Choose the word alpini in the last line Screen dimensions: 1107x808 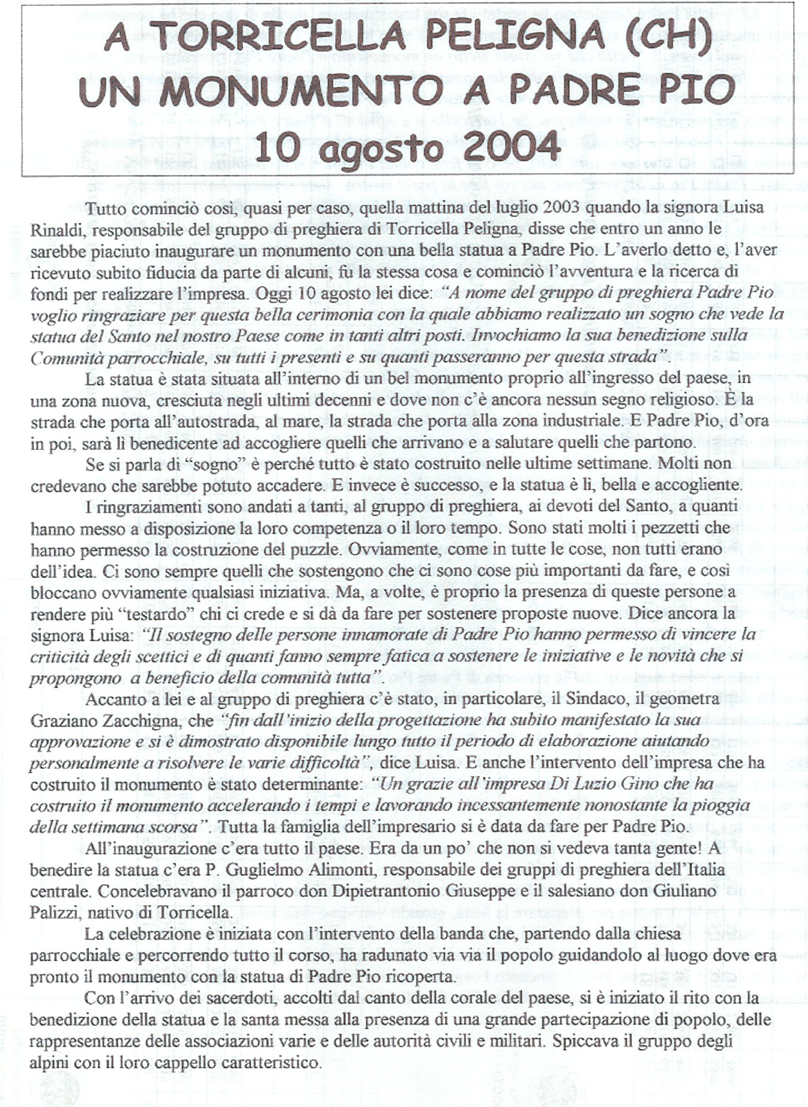tap(49, 1063)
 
